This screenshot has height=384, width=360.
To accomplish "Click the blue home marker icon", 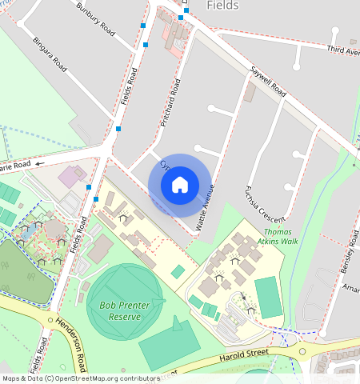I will (x=180, y=185).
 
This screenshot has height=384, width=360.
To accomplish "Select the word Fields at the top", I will (x=222, y=6).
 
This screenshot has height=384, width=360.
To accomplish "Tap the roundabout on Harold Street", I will (x=302, y=350).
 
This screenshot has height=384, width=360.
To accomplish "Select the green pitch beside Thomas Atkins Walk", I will (x=268, y=297).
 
